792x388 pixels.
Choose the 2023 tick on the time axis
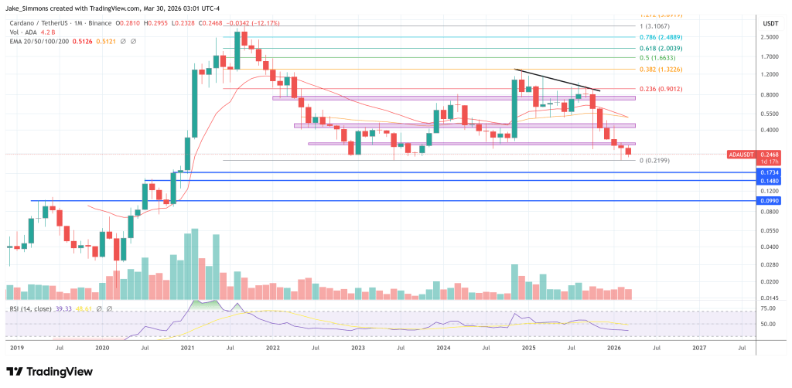(x=358, y=349)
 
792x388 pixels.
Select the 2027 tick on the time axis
(x=699, y=349)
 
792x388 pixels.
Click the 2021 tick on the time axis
(x=187, y=349)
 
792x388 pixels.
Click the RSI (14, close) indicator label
(x=31, y=309)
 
